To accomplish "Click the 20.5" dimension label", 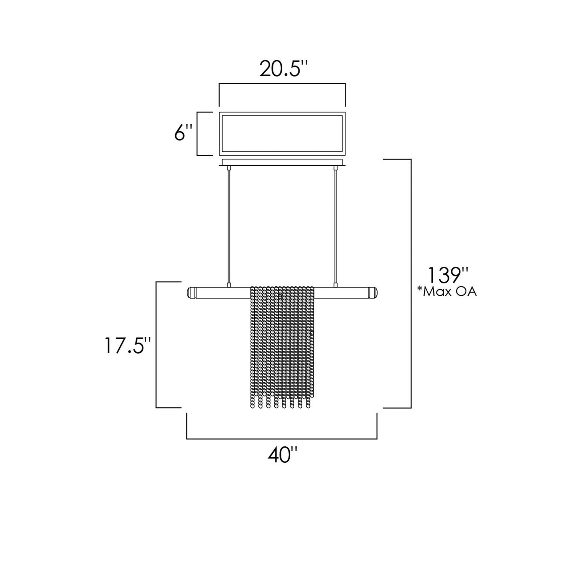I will point(284,69).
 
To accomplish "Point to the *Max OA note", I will point(446,292).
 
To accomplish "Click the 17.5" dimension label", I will point(128,345).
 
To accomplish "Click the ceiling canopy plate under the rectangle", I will point(282,163).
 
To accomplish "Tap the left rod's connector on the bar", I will point(229,285).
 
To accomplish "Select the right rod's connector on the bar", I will point(335,285).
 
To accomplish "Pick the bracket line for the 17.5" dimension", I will point(156,345).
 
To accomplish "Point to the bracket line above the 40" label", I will point(282,438).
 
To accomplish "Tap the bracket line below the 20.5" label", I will point(282,84).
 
